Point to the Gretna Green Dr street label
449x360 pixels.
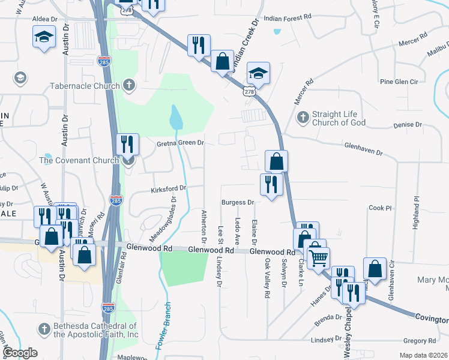tap(181, 143)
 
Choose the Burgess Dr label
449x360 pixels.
tap(238, 203)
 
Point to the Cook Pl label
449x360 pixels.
tap(380, 208)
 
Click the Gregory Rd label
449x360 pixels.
tap(420, 341)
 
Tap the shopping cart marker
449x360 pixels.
tap(318, 258)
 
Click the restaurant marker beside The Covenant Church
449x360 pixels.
tap(127, 145)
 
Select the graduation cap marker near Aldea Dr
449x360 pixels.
tap(43, 37)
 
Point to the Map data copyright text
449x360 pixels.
tap(423, 355)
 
